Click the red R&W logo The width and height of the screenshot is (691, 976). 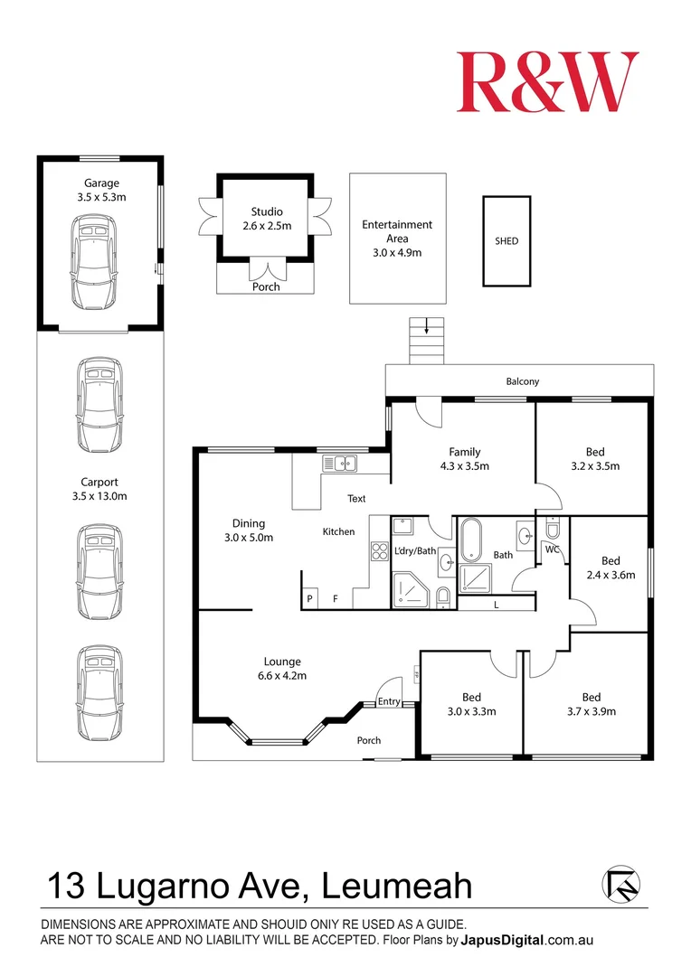tap(547, 82)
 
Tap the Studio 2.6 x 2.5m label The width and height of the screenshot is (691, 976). tap(267, 219)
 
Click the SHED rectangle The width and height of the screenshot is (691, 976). tap(506, 241)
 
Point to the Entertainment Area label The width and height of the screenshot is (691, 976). tap(397, 238)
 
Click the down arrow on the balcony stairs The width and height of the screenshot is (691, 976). tap(426, 327)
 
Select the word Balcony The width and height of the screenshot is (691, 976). tap(522, 381)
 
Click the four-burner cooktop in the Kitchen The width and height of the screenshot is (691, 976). tap(379, 550)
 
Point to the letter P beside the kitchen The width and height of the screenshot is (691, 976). tap(309, 598)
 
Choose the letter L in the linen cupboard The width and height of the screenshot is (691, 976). tap(496, 605)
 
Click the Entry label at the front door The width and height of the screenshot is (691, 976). tap(389, 702)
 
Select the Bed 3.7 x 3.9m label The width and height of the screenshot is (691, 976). tap(591, 704)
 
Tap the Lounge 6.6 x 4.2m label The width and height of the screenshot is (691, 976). tap(282, 668)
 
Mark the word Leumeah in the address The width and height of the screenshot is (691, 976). tap(398, 886)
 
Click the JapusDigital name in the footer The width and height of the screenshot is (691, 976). tap(503, 940)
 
